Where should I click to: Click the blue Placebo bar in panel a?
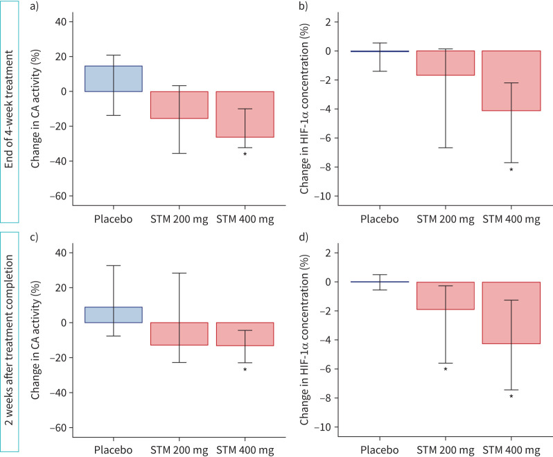click(113, 78)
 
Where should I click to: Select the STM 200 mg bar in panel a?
click(179, 105)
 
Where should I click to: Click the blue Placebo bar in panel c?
click(113, 314)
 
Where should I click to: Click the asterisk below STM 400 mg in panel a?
click(245, 154)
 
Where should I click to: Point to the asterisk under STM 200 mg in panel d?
click(446, 370)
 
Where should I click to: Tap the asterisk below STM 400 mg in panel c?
click(245, 370)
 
